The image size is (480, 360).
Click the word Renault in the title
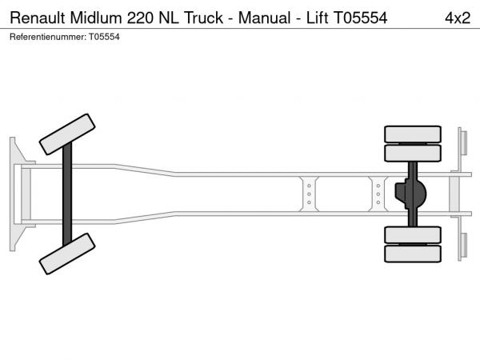tap(38, 18)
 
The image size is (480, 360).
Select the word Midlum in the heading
tap(96, 18)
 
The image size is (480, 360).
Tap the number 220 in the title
tap(140, 18)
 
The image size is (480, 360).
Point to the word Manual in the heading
tap(264, 18)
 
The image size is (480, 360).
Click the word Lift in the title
tap(317, 18)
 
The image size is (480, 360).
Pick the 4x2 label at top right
tap(458, 18)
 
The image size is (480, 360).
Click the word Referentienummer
tap(48, 37)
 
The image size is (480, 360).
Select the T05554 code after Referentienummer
tap(104, 37)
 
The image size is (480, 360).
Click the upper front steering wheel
tap(67, 134)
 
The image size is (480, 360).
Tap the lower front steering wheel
tap(67, 254)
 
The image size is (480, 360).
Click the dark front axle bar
tap(67, 194)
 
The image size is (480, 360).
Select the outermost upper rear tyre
tap(413, 134)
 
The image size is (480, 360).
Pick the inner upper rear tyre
tap(413, 153)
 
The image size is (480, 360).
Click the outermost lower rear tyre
tap(413, 254)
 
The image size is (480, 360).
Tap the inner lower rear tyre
tap(413, 234)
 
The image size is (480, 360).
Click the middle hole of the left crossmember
tap(309, 194)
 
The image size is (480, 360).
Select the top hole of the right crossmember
tap(378, 186)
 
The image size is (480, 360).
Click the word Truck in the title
tap(203, 18)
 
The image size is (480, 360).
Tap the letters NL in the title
tap(168, 18)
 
